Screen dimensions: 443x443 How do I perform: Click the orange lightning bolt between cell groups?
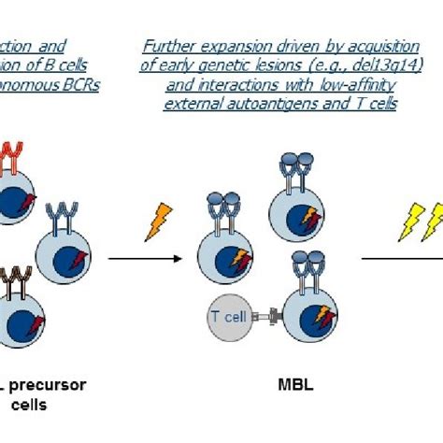tap(159, 221)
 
